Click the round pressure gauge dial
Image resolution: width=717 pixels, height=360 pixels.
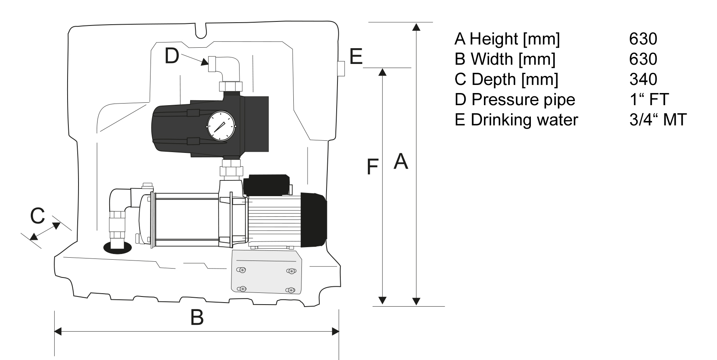(221, 127)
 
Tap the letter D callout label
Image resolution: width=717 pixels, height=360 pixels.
(172, 56)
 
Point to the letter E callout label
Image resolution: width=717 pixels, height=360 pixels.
(356, 57)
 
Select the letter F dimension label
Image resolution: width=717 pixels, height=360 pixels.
(372, 167)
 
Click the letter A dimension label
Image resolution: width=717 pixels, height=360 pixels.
(401, 162)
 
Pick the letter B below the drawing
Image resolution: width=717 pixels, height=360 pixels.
(197, 318)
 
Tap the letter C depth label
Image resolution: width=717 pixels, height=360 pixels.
(38, 216)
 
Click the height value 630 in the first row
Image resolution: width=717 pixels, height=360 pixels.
(643, 39)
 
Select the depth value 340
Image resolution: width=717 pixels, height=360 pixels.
(643, 79)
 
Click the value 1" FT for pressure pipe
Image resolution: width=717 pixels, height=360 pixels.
(649, 100)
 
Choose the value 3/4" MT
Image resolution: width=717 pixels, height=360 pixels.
(658, 120)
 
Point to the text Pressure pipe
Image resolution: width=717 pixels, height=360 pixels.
(523, 100)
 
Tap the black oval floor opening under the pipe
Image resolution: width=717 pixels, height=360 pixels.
(118, 248)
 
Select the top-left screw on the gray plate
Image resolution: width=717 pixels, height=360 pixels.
(242, 270)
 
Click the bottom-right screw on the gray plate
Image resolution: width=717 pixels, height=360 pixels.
(291, 290)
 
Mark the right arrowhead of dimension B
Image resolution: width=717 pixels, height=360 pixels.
(335, 332)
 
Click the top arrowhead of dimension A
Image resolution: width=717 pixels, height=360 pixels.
(416, 27)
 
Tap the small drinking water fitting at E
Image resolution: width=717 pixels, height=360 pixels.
(341, 68)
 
